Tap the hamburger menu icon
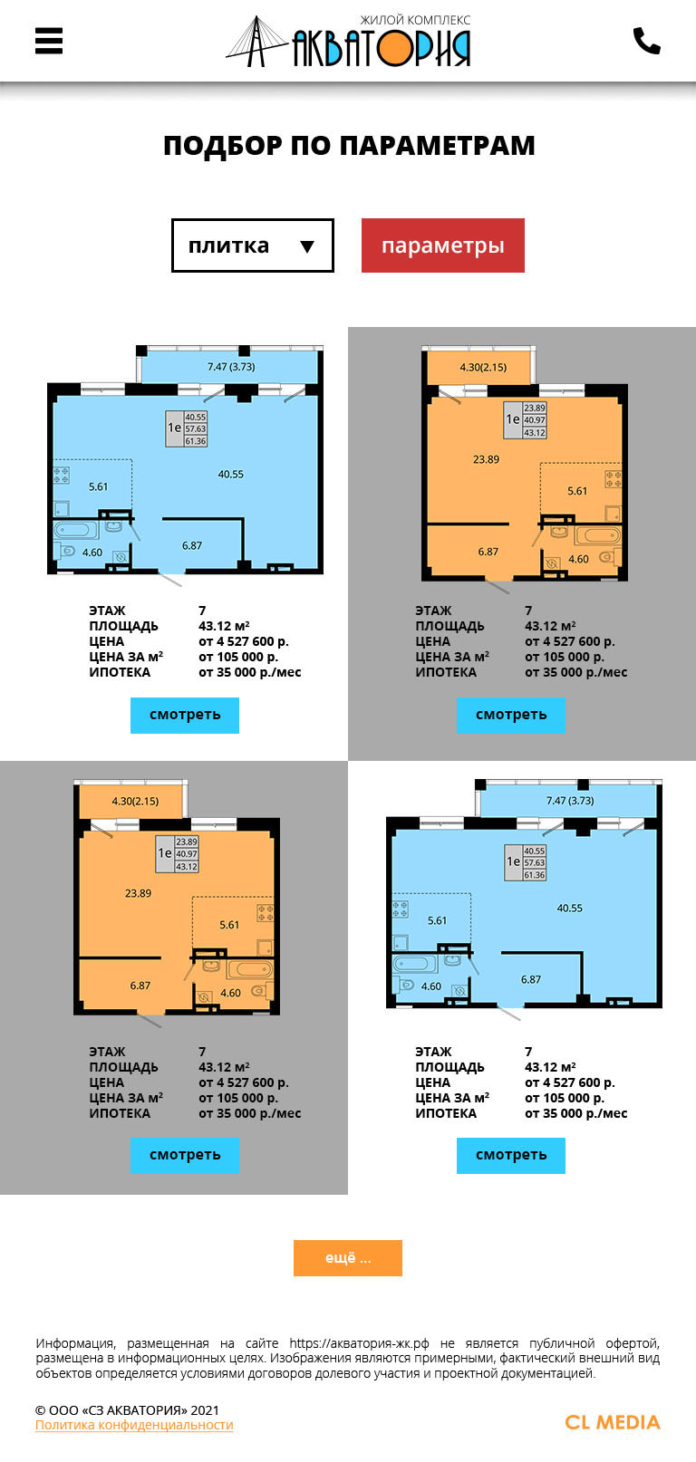[x=48, y=41]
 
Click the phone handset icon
[x=646, y=41]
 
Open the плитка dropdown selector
[x=253, y=245]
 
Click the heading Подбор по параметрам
[x=349, y=145]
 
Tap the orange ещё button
[x=347, y=1257]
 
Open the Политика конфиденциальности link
[x=134, y=1425]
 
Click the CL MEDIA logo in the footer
[x=613, y=1422]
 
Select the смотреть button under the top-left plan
[x=185, y=715]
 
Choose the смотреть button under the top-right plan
[x=510, y=715]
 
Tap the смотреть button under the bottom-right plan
[x=510, y=1155]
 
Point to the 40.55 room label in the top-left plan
[x=230, y=475]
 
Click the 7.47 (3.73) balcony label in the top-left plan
[x=231, y=367]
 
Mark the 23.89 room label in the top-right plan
[x=486, y=459]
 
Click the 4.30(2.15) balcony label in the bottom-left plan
[x=135, y=801]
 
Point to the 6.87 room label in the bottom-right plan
[x=531, y=979]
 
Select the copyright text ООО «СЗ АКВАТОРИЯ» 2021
[x=127, y=1409]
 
